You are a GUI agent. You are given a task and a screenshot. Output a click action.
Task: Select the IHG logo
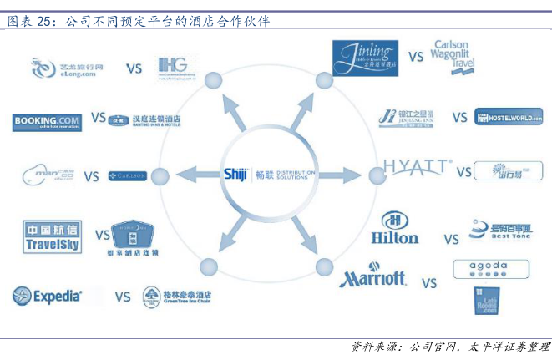tap(176, 67)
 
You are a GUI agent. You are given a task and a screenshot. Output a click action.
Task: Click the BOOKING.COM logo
tap(47, 123)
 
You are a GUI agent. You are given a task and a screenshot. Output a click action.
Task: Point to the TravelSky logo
tap(52, 236)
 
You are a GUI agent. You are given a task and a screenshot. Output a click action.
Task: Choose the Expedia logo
tap(48, 295)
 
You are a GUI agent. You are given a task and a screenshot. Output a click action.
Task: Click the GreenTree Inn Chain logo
tap(177, 296)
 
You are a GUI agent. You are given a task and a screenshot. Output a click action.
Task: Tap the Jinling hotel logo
tap(364, 58)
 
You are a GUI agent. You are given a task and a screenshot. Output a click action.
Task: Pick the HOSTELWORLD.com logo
tap(508, 117)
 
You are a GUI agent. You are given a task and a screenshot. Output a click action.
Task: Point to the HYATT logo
tap(417, 168)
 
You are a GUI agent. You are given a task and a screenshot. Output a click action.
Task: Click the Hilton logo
tap(394, 228)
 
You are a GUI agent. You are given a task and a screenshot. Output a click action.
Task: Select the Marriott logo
tap(372, 278)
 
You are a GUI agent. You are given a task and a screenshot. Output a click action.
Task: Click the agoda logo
tap(490, 268)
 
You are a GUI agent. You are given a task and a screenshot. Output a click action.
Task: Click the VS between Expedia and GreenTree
tap(122, 296)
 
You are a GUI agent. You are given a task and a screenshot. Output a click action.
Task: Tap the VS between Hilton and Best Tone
tap(451, 240)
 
